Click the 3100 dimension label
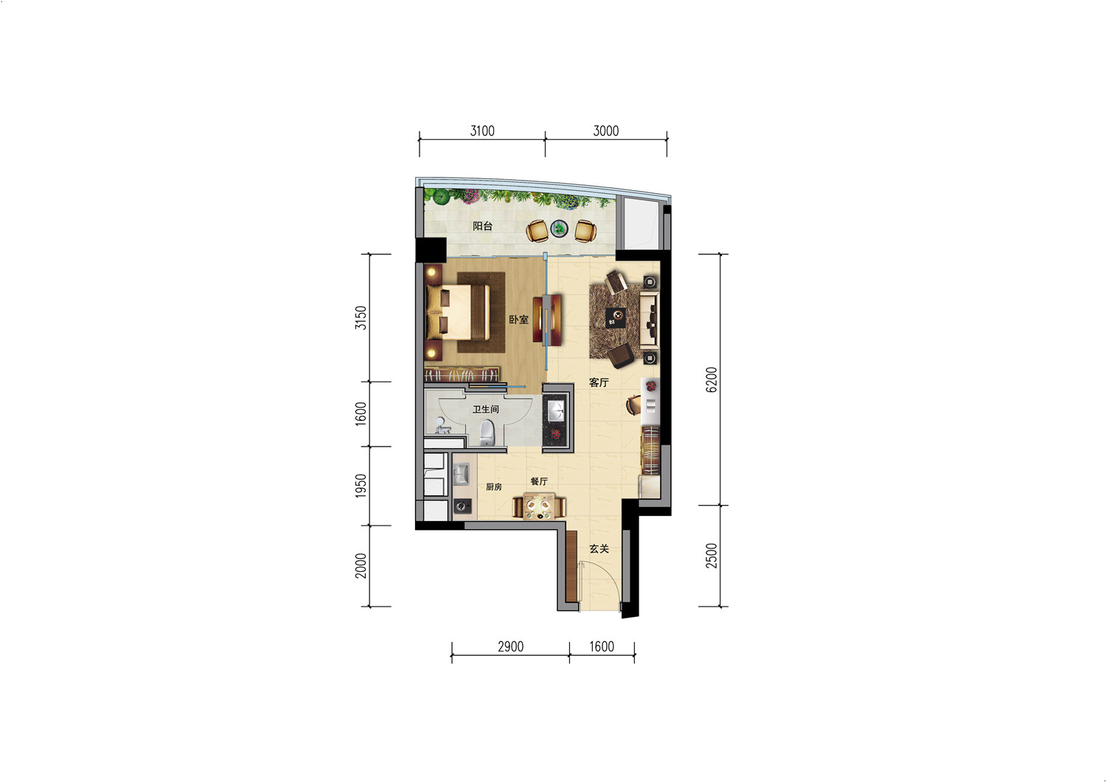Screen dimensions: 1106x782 (x=482, y=131)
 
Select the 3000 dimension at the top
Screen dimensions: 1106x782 (x=606, y=131)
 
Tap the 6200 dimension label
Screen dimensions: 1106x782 (x=712, y=380)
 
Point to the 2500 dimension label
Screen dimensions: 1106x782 (x=712, y=556)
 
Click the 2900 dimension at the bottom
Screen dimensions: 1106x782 (x=510, y=646)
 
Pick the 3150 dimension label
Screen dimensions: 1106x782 (x=361, y=318)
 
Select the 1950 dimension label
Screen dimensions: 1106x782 (x=361, y=485)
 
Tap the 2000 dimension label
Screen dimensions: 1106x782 (x=361, y=566)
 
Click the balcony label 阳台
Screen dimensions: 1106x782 (x=482, y=226)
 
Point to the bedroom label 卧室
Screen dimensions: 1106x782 (x=518, y=319)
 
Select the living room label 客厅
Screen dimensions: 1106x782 (x=599, y=382)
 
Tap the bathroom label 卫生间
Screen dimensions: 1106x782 (x=485, y=409)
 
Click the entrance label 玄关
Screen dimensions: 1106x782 (x=599, y=548)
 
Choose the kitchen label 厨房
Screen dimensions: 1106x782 (x=494, y=486)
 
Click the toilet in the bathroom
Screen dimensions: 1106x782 (x=487, y=433)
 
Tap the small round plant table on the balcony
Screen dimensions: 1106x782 (x=560, y=228)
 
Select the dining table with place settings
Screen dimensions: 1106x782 (x=539, y=506)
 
